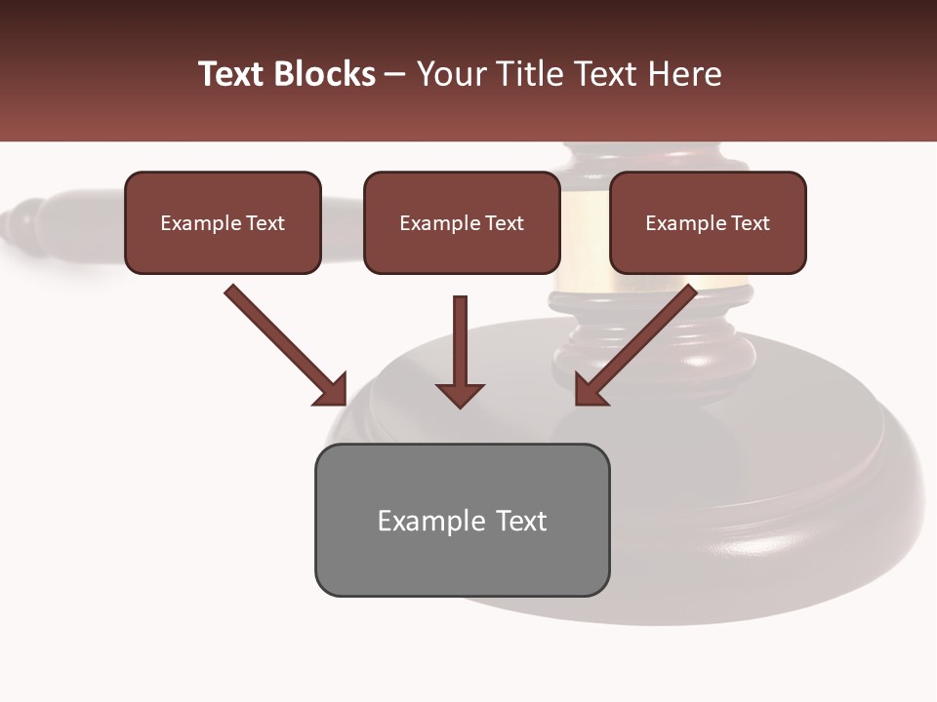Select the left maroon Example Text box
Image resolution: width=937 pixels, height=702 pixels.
223,223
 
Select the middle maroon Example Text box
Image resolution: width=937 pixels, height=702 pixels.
462,223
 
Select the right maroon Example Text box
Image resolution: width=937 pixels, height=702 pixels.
708,223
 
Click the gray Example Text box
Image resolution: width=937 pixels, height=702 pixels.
462,520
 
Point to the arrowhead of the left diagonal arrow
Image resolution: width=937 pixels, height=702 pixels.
333,391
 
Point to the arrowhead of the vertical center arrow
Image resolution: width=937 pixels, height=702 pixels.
460,395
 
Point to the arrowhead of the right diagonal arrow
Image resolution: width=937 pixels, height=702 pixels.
589,391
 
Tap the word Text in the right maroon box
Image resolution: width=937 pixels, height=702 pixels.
751,223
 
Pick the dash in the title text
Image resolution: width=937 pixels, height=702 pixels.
395,75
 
